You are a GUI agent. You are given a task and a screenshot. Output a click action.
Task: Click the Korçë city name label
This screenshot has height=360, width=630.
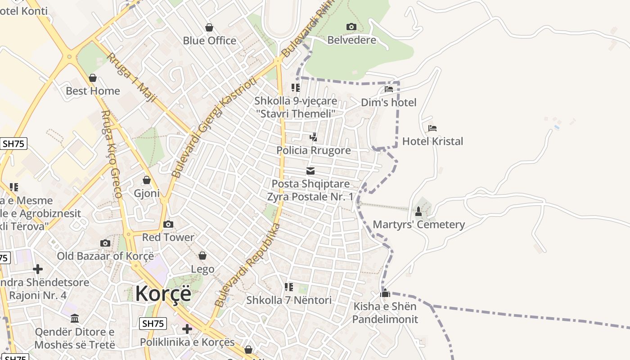tap(163, 293)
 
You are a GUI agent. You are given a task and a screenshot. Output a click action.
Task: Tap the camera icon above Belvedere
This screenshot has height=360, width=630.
tap(351, 27)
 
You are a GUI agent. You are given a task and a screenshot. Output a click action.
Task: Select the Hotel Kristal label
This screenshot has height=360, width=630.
tap(432, 141)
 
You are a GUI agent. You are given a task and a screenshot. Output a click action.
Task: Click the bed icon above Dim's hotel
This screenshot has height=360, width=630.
tap(389, 89)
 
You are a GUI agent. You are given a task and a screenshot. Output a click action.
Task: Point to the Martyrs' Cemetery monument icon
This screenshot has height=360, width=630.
tap(418, 211)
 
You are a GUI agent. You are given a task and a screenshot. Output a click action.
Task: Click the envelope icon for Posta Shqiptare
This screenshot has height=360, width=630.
tap(310, 171)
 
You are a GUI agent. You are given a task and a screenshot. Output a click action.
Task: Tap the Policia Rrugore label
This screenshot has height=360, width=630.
tap(313, 150)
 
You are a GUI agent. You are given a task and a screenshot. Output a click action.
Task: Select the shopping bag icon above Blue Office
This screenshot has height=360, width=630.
tap(209, 27)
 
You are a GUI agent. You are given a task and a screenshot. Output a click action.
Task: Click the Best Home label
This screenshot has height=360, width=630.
tap(93, 91)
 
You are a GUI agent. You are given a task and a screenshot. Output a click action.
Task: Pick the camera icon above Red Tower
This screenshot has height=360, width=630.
tap(168, 224)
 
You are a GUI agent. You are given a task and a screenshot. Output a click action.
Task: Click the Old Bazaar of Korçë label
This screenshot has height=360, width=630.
tap(105, 256)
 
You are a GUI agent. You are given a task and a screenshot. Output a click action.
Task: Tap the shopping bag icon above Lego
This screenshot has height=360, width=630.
tap(202, 256)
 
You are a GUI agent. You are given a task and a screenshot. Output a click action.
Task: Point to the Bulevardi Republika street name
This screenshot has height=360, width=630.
tap(247, 265)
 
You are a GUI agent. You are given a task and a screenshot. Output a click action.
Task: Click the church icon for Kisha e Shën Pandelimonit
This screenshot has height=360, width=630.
tap(385, 293)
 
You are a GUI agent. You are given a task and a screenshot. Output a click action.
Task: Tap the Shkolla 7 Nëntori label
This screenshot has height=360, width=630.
tap(289, 300)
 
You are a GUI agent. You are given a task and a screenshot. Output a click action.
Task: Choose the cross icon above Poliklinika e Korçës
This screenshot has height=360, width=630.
tap(187, 329)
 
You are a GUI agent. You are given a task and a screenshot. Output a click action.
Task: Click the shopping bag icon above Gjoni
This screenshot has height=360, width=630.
tap(147, 180)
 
